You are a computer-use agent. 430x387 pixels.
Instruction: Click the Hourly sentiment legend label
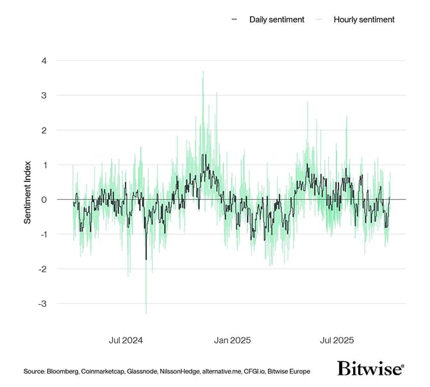(x=364, y=19)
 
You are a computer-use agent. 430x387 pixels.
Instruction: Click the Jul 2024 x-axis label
(x=127, y=340)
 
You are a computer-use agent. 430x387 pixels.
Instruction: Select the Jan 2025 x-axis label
(x=231, y=340)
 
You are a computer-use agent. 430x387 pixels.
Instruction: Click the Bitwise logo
(x=370, y=368)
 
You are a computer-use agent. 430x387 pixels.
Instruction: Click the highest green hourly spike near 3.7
(x=203, y=72)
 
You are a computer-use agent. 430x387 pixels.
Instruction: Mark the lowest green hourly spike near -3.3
(x=146, y=313)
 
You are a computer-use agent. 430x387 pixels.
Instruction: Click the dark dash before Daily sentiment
(x=235, y=19)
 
